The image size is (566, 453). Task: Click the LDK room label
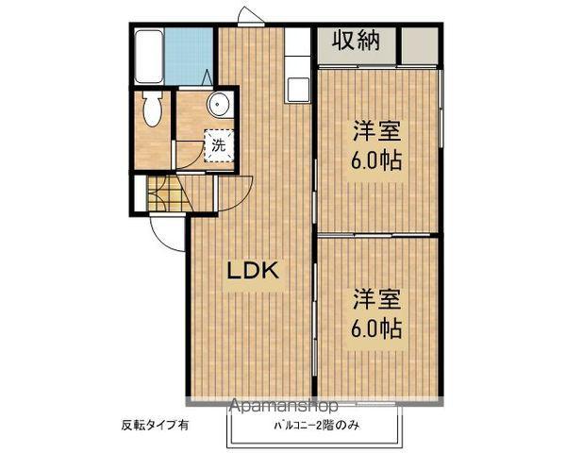pyautogui.click(x=252, y=271)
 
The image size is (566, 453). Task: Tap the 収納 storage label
pyautogui.click(x=358, y=42)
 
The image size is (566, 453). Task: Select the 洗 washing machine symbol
pyautogui.click(x=219, y=145)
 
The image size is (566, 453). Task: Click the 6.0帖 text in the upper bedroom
pyautogui.click(x=377, y=159)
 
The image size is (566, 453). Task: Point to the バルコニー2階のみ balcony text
pyautogui.click(x=316, y=425)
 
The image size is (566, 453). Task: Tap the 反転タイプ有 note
pyautogui.click(x=155, y=425)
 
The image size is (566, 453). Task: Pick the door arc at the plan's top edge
pyautogui.click(x=248, y=17)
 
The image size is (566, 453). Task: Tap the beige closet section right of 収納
pyautogui.click(x=419, y=43)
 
